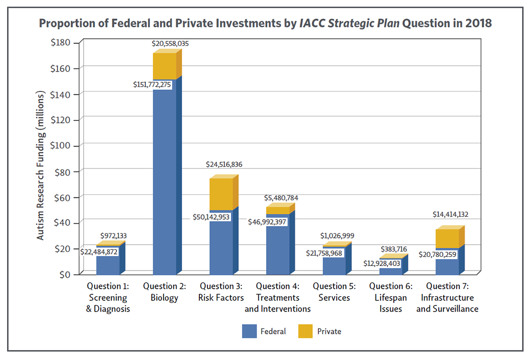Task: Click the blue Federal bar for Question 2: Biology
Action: click(164, 179)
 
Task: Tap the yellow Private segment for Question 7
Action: click(447, 239)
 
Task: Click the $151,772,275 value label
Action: click(152, 84)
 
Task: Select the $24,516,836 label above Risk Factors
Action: click(224, 165)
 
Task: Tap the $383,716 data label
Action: click(394, 249)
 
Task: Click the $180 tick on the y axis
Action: click(60, 43)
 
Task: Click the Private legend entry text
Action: click(329, 331)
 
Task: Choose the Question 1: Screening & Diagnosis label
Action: click(108, 297)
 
